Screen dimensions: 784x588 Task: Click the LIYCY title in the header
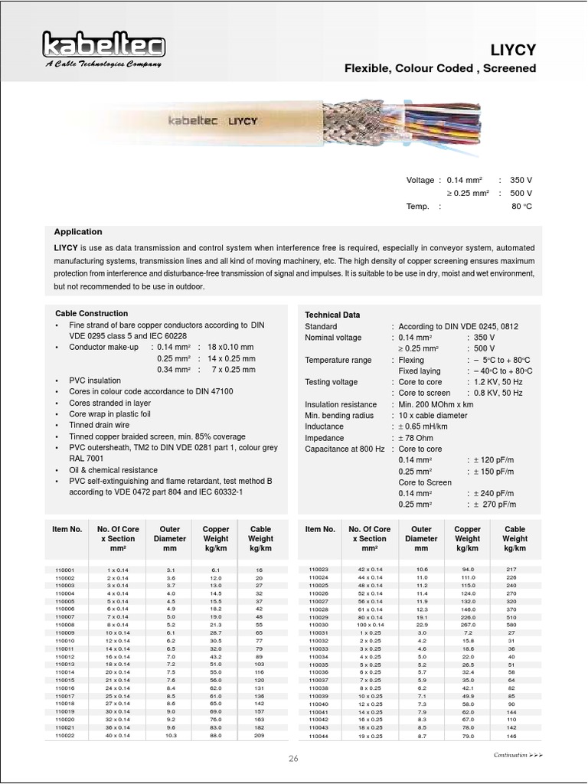[512, 50]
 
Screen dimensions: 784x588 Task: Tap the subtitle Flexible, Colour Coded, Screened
[440, 69]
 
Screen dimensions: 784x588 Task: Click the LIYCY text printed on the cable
[243, 121]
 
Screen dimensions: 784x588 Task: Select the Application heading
[77, 232]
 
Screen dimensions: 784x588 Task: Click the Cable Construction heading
[91, 314]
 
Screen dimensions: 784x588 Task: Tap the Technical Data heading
[332, 315]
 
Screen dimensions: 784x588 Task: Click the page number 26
[293, 759]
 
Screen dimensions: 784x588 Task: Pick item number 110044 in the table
[318, 736]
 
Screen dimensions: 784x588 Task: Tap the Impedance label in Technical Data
[325, 438]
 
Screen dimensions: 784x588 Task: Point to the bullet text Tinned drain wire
[100, 425]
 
